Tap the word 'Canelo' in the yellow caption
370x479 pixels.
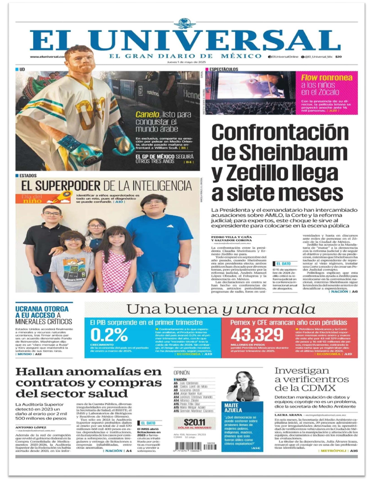[147, 114]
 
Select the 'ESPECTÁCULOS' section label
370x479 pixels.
[223, 69]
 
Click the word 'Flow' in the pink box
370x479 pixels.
[309, 78]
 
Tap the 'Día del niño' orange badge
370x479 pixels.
[44, 198]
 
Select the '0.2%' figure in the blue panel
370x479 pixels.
[109, 335]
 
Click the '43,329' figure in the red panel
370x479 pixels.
[257, 335]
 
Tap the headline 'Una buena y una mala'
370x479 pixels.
[221, 309]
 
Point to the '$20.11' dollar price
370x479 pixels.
[194, 422]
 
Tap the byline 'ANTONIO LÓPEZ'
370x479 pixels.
[31, 427]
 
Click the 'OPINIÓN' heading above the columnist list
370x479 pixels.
[181, 372]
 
